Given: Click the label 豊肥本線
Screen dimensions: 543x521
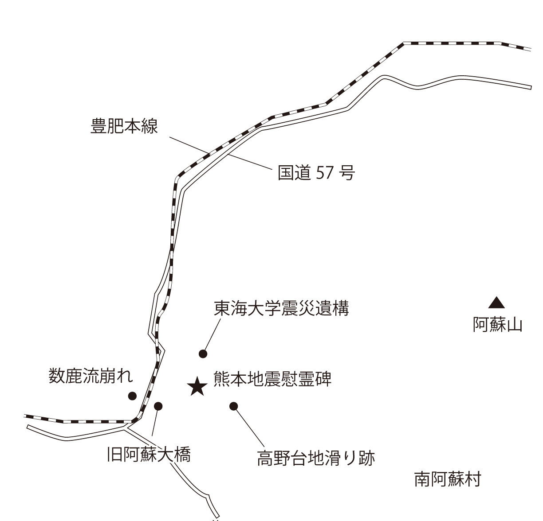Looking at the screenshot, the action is point(125,126).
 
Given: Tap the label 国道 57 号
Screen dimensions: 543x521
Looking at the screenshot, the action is point(316,173).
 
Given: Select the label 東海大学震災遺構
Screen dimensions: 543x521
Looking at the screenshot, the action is point(281,308).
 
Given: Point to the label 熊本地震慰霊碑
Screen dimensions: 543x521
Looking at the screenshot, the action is point(272,379).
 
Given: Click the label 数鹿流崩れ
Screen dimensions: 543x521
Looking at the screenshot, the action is point(91,376).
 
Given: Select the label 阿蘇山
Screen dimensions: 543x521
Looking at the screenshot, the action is point(497,325).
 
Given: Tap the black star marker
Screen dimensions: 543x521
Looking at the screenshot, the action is point(197,387).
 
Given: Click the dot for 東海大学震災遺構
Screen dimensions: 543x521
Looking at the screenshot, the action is point(203,354).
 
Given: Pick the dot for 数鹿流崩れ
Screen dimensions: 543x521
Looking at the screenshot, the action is point(132,396).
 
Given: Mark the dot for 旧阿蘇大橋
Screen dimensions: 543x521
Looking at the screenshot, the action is point(158,406).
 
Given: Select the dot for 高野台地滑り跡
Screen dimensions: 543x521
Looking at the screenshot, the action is point(233,406).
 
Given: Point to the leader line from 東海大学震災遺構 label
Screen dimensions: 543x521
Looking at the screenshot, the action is point(212,334).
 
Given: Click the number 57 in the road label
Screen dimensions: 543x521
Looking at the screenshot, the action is point(325,173).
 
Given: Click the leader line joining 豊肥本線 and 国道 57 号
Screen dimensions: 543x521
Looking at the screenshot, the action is point(220,153).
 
